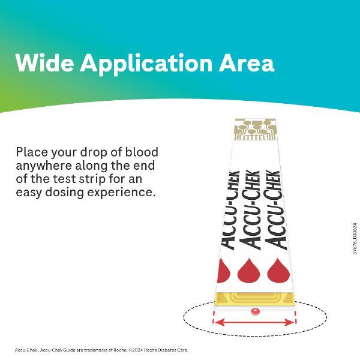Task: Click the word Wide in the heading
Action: coord(45,62)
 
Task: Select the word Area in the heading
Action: coord(247,64)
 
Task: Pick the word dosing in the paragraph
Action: coord(65,193)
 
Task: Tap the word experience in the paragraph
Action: coord(120,193)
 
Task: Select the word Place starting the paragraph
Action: coord(32,152)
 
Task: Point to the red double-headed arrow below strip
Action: coord(254,323)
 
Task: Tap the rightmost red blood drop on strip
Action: coord(278,271)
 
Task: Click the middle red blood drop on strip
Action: coord(248,271)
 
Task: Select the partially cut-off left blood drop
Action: coord(223,271)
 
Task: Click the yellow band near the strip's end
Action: coord(254,300)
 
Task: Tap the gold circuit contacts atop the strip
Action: coord(256,130)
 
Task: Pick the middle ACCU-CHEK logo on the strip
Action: coord(250,210)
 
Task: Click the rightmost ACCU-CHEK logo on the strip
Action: coord(275,210)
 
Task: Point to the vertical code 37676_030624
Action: coord(355,239)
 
